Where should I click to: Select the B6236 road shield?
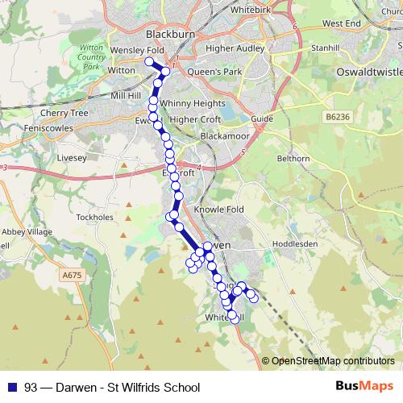coord(339,117)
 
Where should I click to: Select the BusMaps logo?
coord(364,386)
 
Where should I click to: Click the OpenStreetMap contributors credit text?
coord(333,360)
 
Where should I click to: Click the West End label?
coord(341,24)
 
